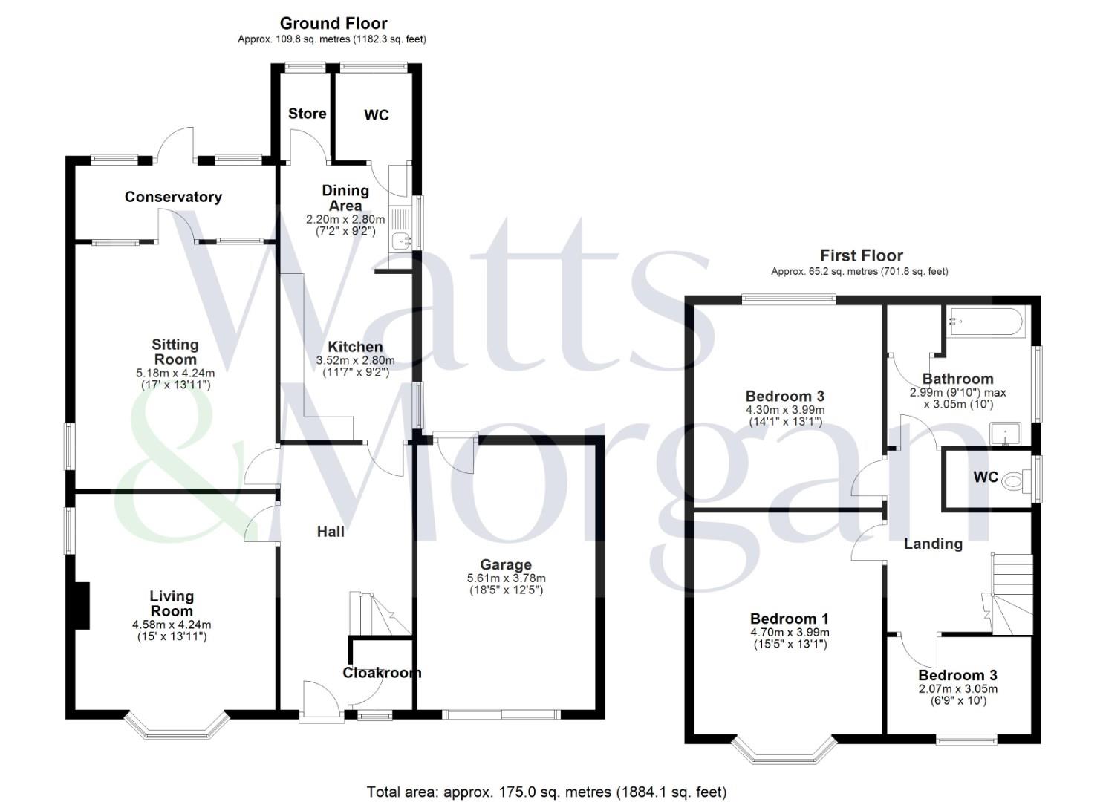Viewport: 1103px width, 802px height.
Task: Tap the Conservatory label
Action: coord(173,197)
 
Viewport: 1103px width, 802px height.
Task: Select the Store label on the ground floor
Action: coord(307,114)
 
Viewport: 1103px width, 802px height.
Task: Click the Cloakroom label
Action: coord(382,673)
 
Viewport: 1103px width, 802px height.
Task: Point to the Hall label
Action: coord(331,532)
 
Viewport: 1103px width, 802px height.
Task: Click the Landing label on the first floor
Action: coord(933,544)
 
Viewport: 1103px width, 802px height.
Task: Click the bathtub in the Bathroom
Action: coord(983,323)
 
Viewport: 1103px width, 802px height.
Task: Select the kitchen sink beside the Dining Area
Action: coord(400,240)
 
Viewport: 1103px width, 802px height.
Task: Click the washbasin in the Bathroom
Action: coord(1005,434)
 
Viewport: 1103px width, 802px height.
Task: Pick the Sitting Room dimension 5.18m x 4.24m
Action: coord(176,373)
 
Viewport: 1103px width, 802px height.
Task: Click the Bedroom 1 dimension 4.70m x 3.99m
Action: coord(789,633)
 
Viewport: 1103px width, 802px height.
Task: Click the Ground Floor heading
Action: coord(333,23)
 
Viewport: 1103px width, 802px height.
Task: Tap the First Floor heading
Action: coord(861,256)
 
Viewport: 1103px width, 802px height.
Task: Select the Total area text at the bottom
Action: coord(546,792)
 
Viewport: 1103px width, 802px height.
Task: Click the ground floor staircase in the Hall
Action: coord(379,613)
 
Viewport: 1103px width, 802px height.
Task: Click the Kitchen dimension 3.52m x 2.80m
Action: coord(355,360)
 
